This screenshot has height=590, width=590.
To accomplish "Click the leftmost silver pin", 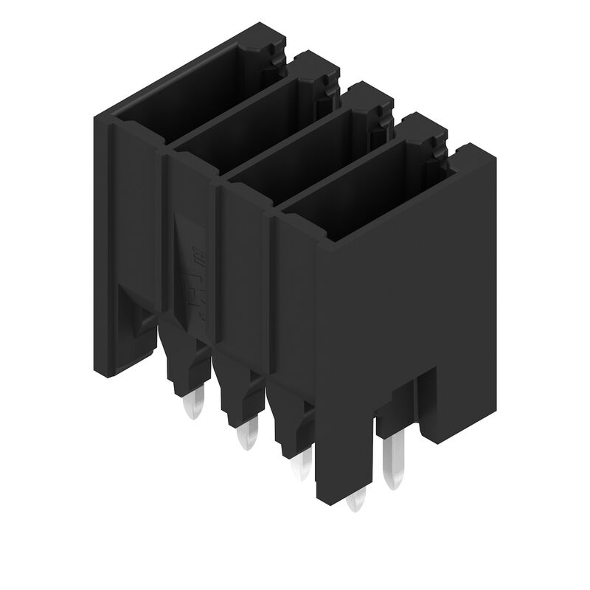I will [x=193, y=405].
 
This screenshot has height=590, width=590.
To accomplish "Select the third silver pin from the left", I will [x=301, y=466].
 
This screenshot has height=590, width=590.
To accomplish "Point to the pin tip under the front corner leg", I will [x=356, y=501].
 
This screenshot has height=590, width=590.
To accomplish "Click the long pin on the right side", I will [x=395, y=461].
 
